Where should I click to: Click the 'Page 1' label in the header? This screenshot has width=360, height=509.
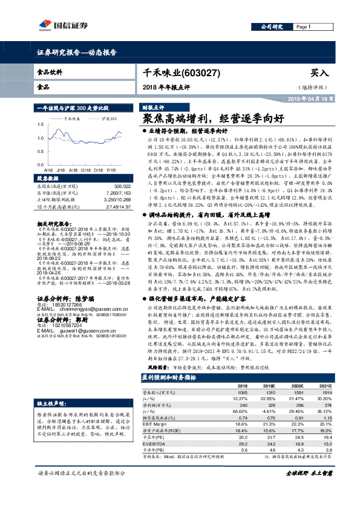click(303, 27)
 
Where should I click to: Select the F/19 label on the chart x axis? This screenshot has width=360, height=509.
click(112, 170)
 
